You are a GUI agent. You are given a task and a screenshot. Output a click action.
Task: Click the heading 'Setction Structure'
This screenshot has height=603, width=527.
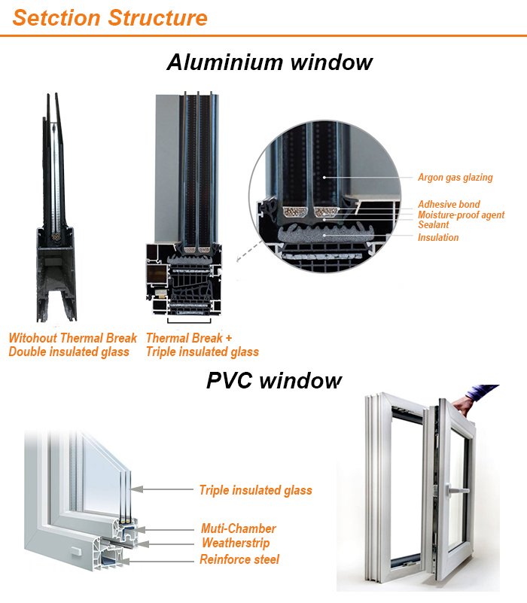pyautogui.click(x=110, y=17)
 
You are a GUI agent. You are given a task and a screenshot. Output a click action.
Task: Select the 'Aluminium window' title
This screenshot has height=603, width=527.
pyautogui.click(x=269, y=62)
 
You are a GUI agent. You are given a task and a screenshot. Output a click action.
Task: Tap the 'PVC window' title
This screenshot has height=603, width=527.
pyautogui.click(x=273, y=380)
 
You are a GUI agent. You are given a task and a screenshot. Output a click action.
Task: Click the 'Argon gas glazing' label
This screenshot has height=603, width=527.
pyautogui.click(x=455, y=178)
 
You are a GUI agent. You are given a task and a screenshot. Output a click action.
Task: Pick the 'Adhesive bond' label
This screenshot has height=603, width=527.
pyautogui.click(x=449, y=205)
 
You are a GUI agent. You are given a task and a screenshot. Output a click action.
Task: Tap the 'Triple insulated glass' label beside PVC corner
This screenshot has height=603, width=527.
pyautogui.click(x=255, y=490)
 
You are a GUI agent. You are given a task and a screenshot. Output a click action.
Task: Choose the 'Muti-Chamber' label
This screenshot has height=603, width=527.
pyautogui.click(x=238, y=528)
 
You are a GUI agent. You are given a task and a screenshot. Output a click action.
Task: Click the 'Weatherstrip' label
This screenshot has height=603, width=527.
pyautogui.click(x=235, y=543)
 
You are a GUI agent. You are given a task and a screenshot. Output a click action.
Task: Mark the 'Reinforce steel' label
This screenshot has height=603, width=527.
pyautogui.click(x=239, y=559)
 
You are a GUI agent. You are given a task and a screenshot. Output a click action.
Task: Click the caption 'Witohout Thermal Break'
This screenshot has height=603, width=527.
pyautogui.click(x=73, y=338)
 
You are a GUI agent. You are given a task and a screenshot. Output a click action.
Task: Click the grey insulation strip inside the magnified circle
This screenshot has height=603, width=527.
pyautogui.click(x=324, y=236)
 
